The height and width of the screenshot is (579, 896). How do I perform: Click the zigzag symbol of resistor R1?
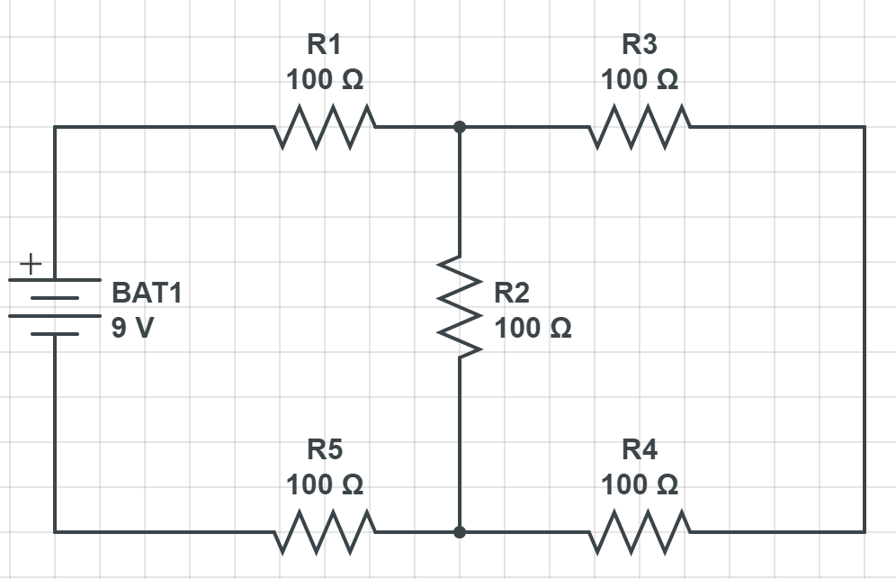325,127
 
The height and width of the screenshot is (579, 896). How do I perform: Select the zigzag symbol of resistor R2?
460,307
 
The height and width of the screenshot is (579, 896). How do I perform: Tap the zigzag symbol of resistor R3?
640,127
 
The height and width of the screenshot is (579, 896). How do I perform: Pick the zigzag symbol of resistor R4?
640,532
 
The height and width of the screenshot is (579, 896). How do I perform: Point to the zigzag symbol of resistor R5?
325,532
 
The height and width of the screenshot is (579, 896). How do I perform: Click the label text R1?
324,44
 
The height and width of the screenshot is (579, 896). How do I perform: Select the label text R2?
512,292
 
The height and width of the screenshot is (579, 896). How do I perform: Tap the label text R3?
639,44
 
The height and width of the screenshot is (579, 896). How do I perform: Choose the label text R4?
639,448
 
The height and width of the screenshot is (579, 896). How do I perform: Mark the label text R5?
324,448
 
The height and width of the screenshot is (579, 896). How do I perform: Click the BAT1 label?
146,293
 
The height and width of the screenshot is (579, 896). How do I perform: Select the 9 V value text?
132,328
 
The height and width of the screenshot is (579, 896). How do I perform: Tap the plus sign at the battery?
31,265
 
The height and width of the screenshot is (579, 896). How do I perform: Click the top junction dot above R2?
460,127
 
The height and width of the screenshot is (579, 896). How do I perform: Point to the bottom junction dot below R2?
460,532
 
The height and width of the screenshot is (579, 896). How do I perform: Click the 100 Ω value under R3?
640,80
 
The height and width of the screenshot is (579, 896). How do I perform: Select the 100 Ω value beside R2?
533,328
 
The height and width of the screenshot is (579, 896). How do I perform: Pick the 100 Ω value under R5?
325,485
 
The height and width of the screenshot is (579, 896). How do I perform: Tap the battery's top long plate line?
55,280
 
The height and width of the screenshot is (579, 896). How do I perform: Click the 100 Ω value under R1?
325,80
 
